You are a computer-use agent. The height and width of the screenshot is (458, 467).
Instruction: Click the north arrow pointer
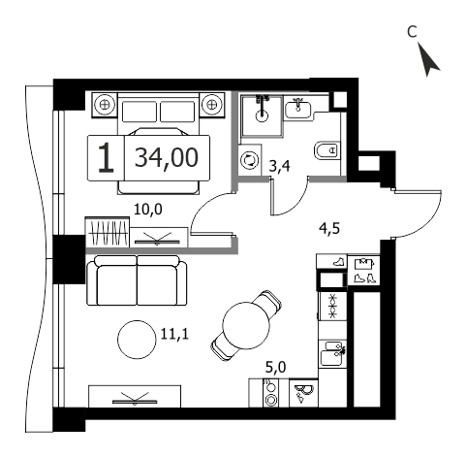428,61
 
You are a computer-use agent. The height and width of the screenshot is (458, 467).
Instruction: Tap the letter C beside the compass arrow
412,32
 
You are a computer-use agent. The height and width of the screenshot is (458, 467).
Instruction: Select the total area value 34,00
166,157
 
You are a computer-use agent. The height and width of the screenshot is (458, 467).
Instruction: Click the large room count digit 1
106,158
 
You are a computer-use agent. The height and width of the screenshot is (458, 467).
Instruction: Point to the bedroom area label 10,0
148,210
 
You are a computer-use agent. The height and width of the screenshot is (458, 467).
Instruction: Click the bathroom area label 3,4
280,167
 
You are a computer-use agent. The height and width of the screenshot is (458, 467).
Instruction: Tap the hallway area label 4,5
329,229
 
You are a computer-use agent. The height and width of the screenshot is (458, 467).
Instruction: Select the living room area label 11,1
174,333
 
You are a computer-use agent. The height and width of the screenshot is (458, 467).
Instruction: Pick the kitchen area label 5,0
276,368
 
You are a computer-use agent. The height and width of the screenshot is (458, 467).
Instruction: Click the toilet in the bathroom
327,150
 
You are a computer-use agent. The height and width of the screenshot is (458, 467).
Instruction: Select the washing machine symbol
250,160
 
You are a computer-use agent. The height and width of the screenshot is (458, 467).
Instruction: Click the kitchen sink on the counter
332,353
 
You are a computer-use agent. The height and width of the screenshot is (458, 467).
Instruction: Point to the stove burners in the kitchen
270,393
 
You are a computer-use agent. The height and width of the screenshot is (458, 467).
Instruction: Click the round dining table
246,325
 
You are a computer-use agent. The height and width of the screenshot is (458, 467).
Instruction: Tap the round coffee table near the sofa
136,340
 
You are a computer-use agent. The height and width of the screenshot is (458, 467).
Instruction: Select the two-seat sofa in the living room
137,280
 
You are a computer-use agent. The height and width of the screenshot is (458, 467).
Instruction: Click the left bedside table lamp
104,105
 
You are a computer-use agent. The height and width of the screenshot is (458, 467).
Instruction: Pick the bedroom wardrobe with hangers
108,233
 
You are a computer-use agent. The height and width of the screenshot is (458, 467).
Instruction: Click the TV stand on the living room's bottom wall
135,396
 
